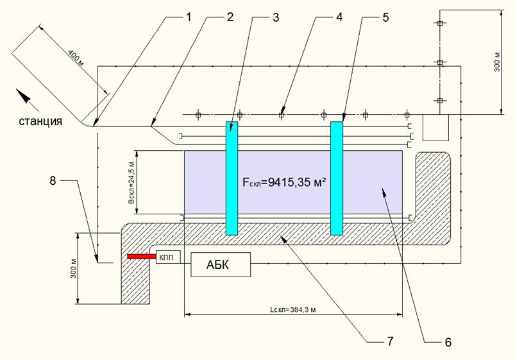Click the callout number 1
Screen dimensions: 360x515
(x=187, y=17)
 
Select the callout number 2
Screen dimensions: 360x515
(x=229, y=17)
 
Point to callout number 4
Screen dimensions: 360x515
(x=339, y=17)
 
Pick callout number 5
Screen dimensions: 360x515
(x=385, y=17)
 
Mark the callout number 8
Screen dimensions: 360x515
(x=54, y=182)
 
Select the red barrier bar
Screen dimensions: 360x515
(x=141, y=257)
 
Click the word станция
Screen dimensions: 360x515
(x=40, y=121)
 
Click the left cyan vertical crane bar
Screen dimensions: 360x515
(x=232, y=178)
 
